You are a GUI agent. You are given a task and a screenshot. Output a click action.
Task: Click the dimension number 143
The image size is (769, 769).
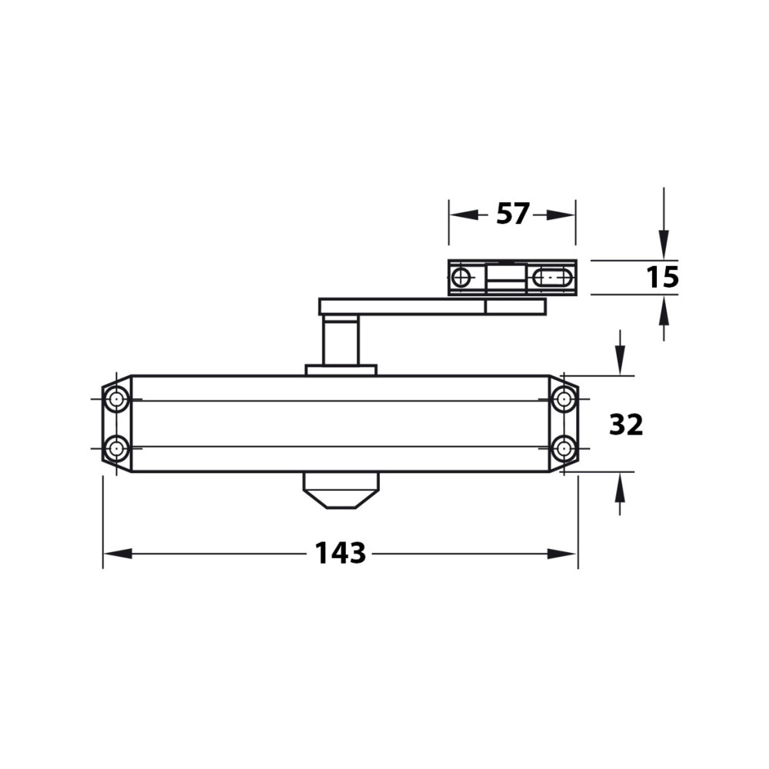[340, 553]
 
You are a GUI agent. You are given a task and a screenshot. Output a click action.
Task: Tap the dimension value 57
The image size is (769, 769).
[512, 214]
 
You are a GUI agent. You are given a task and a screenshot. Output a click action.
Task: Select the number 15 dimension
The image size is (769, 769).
[662, 277]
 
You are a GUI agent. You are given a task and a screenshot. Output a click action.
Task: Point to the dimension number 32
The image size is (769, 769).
[626, 424]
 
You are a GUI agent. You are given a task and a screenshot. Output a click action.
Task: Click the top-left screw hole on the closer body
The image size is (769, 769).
[116, 398]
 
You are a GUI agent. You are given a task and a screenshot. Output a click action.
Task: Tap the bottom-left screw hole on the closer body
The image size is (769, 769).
[116, 448]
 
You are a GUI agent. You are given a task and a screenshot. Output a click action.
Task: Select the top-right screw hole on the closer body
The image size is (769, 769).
[564, 398]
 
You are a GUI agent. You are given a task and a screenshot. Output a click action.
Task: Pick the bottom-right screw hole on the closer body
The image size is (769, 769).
[564, 448]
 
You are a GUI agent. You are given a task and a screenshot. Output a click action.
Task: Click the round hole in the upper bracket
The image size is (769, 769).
[461, 278]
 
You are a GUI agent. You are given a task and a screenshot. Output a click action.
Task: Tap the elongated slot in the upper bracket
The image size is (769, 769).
[553, 278]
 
